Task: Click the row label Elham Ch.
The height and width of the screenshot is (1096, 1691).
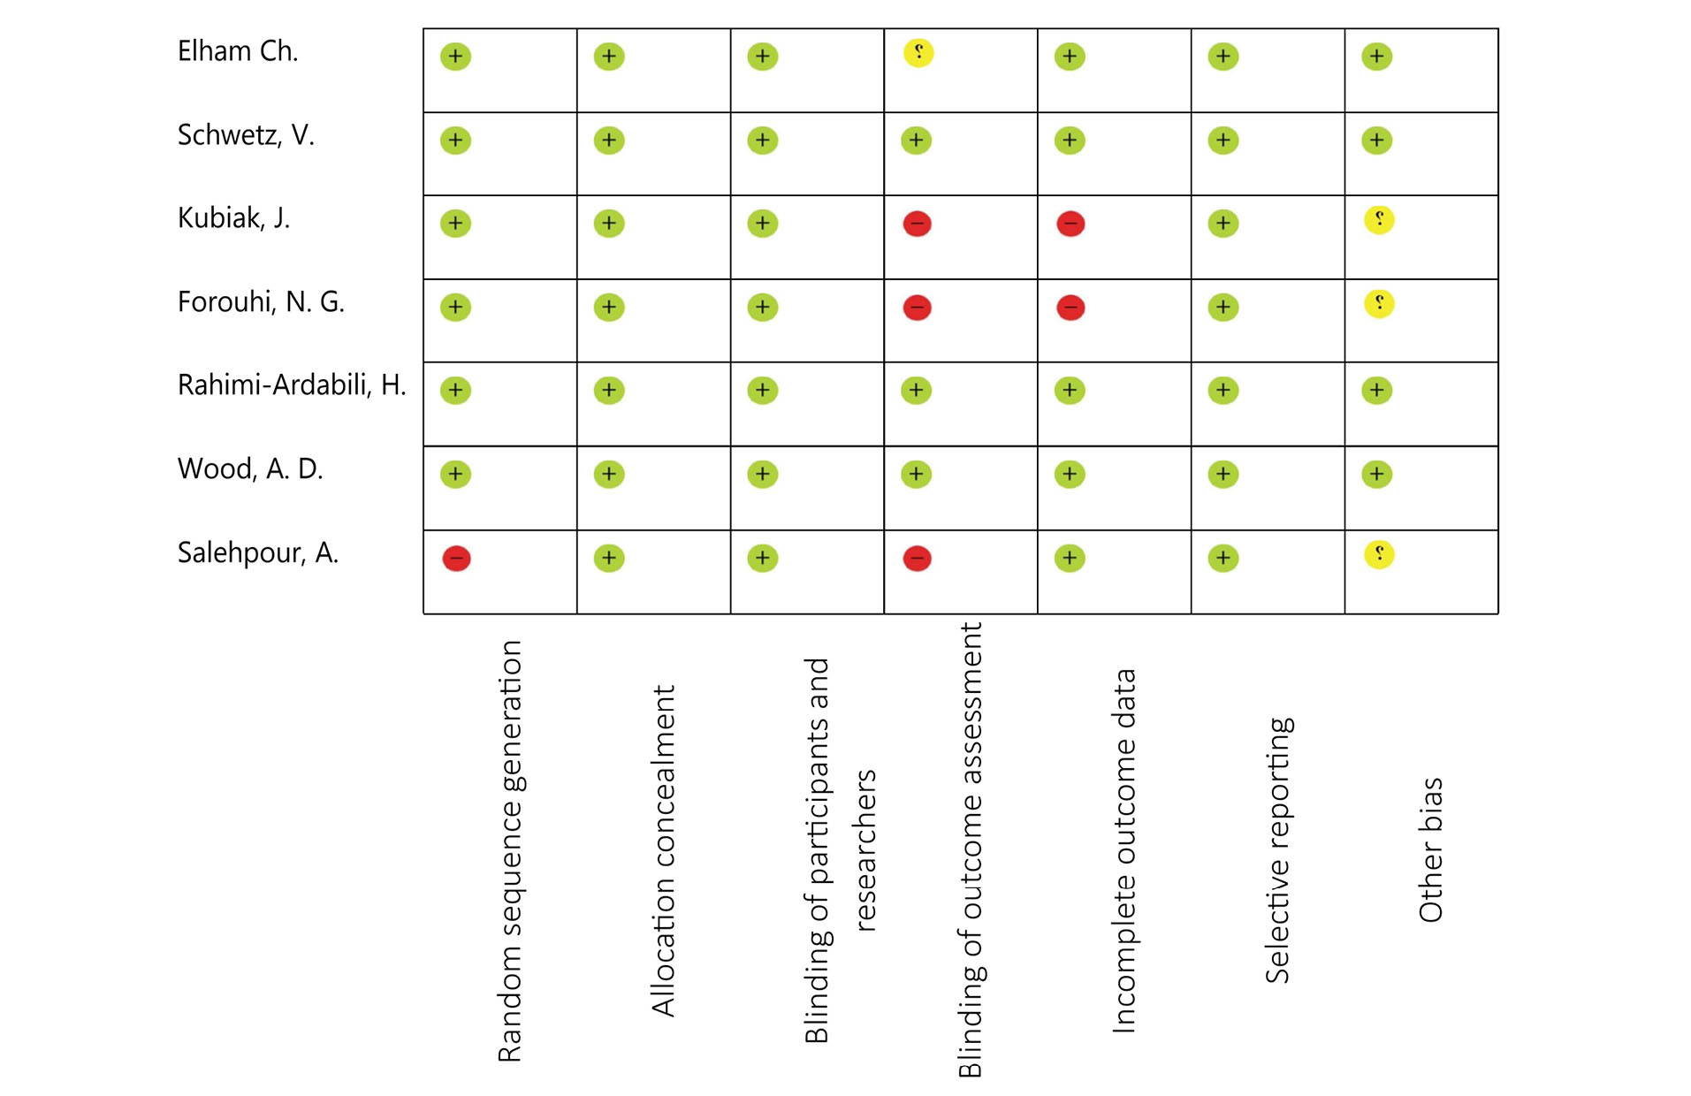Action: tap(238, 51)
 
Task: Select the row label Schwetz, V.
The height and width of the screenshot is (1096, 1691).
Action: tap(246, 135)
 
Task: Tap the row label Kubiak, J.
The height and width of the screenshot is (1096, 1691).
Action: tap(233, 218)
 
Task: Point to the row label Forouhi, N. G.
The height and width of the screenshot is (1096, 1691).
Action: tap(261, 302)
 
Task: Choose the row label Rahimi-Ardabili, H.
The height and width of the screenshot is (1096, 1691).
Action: tap(292, 385)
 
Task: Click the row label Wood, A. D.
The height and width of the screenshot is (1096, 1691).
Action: tap(250, 469)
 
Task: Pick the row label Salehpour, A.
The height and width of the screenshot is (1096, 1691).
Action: tap(258, 553)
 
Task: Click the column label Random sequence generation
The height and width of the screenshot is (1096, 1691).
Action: tap(510, 850)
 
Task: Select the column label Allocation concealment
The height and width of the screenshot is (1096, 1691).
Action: tap(663, 850)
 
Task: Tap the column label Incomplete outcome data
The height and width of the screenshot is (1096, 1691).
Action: tap(1124, 850)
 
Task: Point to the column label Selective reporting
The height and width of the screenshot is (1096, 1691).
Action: tap(1277, 850)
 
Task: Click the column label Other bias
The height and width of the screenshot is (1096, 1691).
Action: tap(1430, 850)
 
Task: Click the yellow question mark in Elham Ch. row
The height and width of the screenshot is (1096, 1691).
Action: tap(918, 53)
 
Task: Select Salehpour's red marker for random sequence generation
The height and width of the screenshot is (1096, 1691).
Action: tap(456, 559)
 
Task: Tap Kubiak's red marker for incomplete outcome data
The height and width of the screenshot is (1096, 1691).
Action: tap(1070, 224)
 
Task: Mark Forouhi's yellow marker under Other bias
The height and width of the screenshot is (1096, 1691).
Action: tap(1379, 304)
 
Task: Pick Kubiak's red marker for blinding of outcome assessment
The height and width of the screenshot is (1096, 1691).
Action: tap(917, 224)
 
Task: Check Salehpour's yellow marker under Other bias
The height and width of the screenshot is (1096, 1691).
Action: tap(1379, 555)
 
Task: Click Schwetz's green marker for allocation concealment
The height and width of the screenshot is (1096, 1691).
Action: tap(609, 141)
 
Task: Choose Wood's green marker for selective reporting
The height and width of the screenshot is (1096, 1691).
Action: tap(1223, 475)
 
